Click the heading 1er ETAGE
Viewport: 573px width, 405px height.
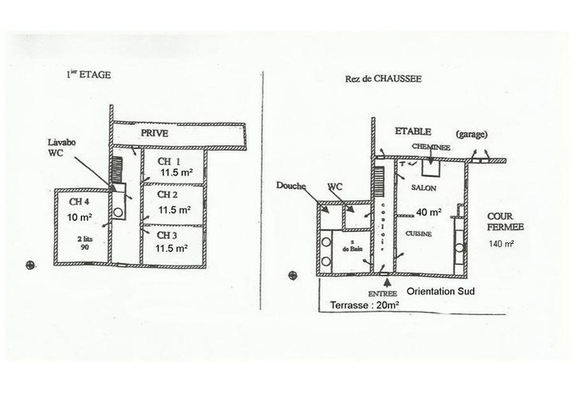88,75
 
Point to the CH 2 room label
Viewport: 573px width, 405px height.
166,195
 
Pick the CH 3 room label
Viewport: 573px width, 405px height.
166,235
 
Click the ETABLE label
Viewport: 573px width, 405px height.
414,131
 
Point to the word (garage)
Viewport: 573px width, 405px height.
472,134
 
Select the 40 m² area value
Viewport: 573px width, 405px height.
431,212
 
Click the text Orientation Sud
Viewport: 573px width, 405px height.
442,291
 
